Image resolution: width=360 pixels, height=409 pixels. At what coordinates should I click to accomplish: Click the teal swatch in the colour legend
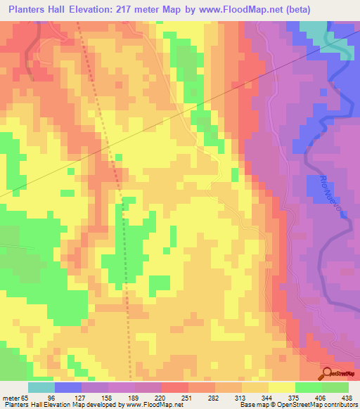[41, 387]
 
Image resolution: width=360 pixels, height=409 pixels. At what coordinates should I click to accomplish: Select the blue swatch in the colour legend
[68, 387]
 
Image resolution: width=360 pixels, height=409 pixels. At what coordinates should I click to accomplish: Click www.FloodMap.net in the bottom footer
[153, 405]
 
